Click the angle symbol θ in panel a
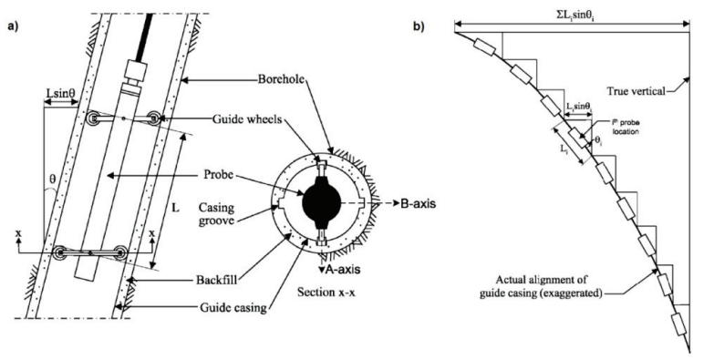(x=51, y=193)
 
